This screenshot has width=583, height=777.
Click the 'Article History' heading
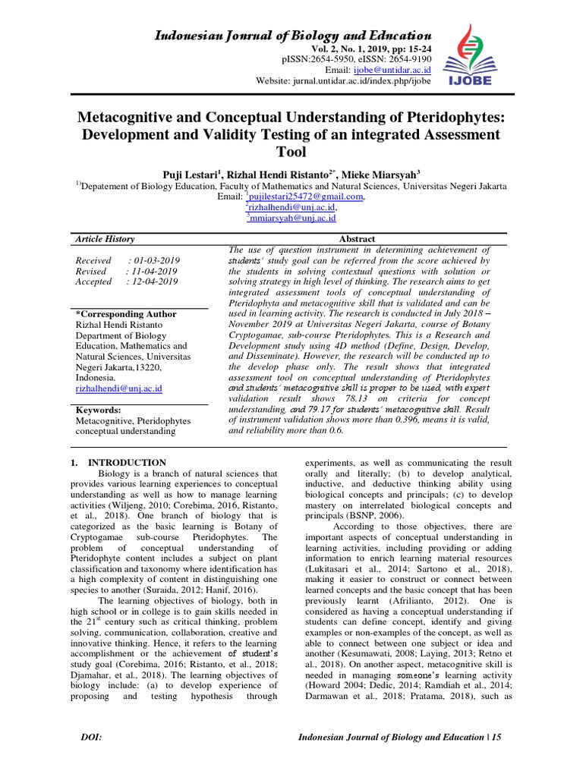tap(104, 239)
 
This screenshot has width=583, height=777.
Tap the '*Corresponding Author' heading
tap(125, 314)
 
